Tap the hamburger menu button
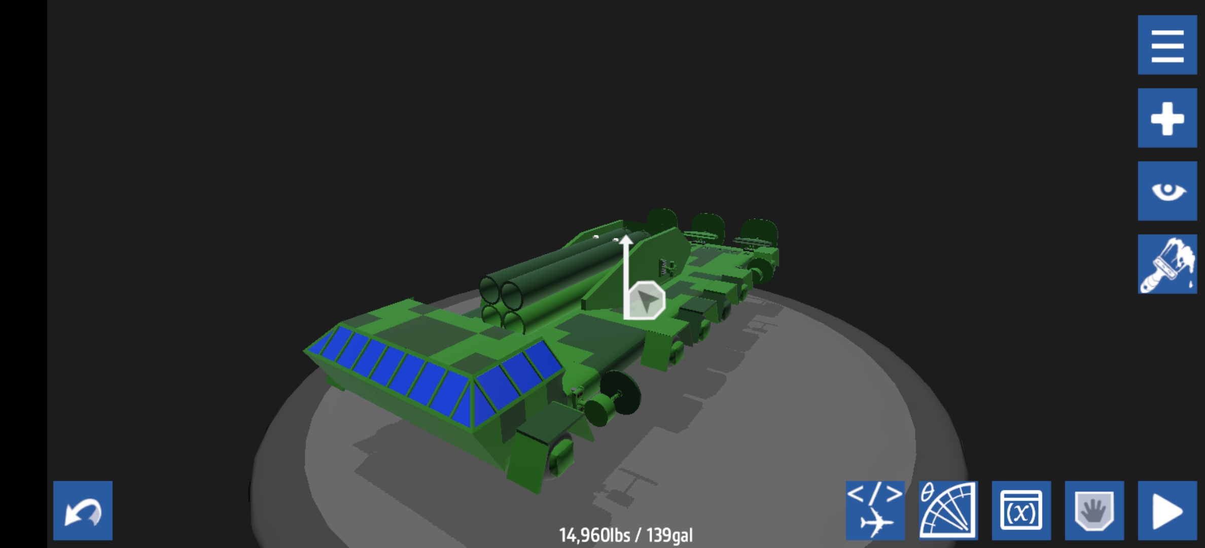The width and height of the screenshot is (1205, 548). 1167,45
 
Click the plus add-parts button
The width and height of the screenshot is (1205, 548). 1167,118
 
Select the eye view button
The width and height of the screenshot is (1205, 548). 1167,191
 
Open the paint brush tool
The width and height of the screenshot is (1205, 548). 1167,264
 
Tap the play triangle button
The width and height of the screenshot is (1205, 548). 1167,510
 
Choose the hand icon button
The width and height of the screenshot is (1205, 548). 1094,510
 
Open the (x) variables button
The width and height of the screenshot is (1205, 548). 1021,510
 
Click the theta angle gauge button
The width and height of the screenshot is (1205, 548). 948,510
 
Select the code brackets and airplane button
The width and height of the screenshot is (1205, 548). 875,510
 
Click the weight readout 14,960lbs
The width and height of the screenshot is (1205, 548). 594,535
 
